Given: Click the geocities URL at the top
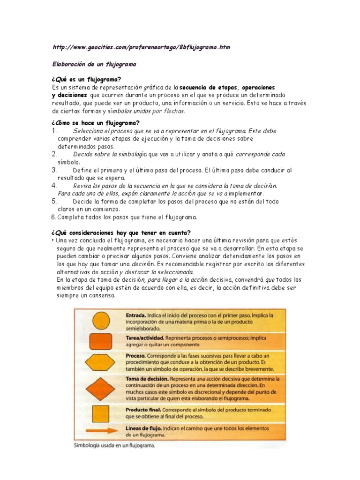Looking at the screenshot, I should pos(141,48).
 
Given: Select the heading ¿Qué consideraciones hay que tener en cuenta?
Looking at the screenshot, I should pos(120,233).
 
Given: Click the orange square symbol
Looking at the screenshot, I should pos(100,413).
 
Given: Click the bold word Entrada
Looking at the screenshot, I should pos(136,315).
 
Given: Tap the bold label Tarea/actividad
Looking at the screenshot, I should pos(144,337).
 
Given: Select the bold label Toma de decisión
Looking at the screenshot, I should pos(147,378).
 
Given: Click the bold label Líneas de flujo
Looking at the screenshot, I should pos(144,428).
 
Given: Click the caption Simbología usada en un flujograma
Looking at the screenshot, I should pos(114,446).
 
